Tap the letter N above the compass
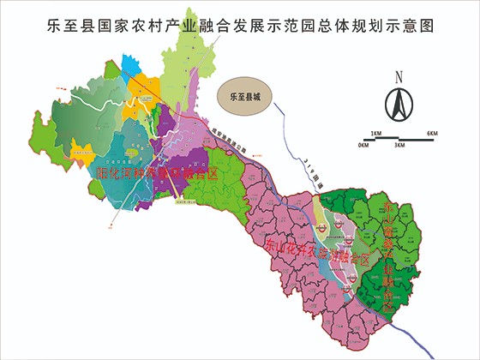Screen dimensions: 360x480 click(398, 77)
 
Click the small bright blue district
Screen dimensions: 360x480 click(135, 84)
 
